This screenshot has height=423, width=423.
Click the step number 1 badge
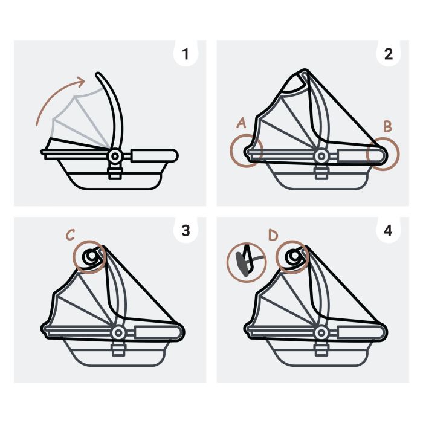pos(186,54)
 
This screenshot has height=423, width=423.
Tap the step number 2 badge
pos(388,54)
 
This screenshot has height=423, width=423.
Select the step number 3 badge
pos(186,231)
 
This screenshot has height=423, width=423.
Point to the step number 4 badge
pos(388,231)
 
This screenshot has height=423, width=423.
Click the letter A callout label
pos(242,123)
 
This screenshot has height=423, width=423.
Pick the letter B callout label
pos(387,126)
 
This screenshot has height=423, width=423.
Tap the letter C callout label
pos(71,234)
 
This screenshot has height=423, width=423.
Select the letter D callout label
pos(273,234)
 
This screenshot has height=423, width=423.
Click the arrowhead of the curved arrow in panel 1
pos(81,81)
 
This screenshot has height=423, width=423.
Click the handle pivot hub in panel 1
pos(115,156)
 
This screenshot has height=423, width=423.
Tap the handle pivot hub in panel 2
pos(321,156)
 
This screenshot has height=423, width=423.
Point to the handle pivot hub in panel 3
pos(118,332)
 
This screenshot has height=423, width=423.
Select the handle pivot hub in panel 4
pos(321,332)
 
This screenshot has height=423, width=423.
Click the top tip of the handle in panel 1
pos(98,74)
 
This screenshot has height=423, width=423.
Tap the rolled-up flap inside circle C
pos(91,257)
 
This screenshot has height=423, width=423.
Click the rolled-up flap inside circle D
pos(294,257)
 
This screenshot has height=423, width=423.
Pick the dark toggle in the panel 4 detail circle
pos(242,265)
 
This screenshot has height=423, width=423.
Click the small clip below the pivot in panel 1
pos(115,173)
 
